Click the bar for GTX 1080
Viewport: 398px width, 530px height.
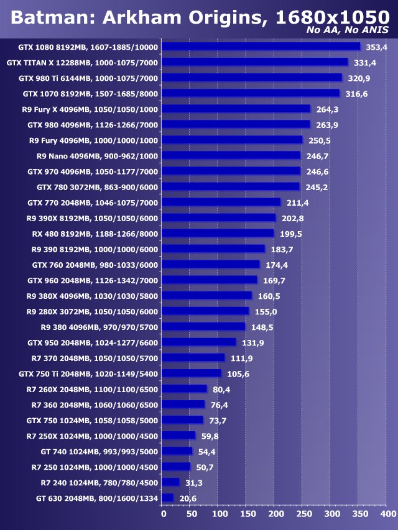point(261,47)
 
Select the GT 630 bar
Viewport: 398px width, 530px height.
point(167,498)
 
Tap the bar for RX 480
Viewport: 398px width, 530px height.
point(218,234)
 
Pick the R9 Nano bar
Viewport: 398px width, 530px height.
point(231,155)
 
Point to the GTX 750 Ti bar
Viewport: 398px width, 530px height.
point(192,373)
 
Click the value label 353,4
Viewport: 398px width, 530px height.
point(376,47)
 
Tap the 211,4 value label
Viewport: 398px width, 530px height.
point(297,203)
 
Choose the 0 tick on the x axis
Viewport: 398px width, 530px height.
point(164,514)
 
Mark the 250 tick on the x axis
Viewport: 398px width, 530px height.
point(303,514)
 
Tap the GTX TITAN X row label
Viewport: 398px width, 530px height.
point(82,63)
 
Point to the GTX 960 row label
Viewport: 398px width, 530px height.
point(93,280)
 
